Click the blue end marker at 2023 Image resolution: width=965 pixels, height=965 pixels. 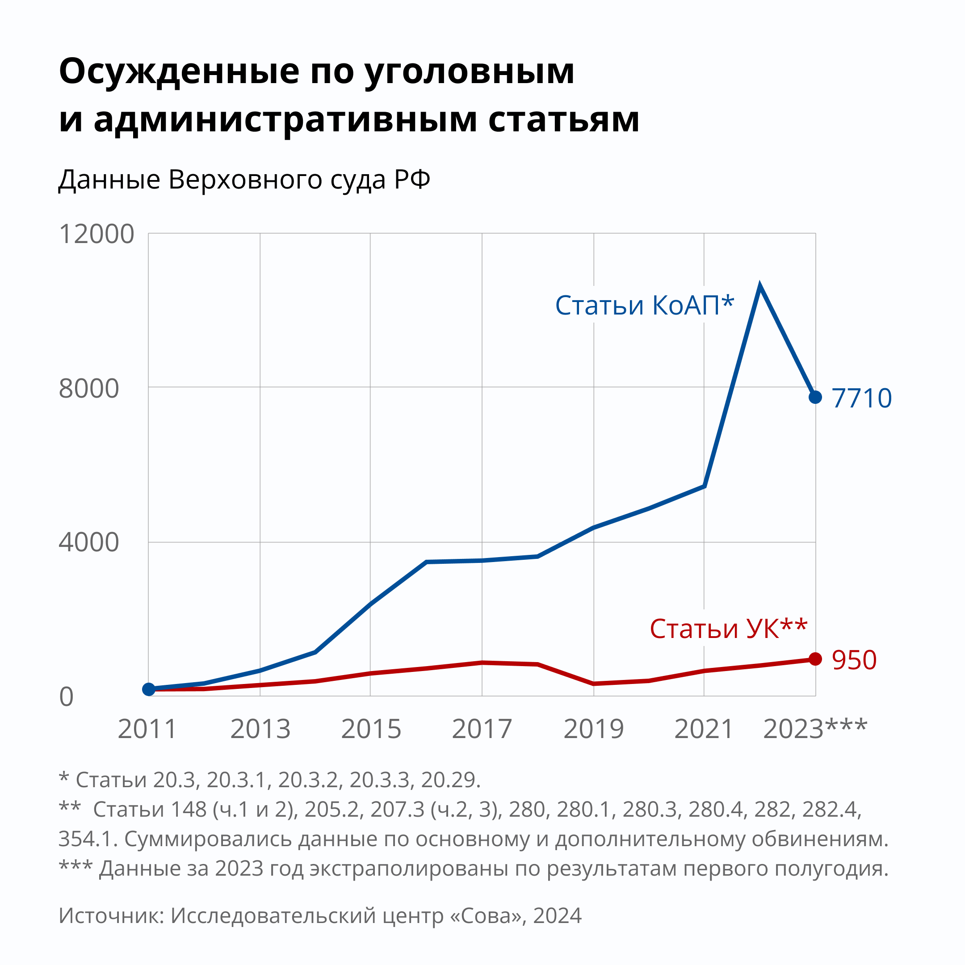(x=815, y=397)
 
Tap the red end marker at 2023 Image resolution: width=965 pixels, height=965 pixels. (x=815, y=659)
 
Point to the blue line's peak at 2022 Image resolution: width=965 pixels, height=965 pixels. (x=759, y=286)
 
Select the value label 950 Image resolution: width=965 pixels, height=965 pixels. (x=854, y=660)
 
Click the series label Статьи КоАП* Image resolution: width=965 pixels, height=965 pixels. (x=644, y=305)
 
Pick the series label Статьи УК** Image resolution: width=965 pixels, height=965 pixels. (x=728, y=629)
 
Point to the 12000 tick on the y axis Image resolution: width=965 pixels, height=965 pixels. (x=96, y=234)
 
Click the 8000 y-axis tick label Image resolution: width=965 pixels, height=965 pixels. (x=89, y=388)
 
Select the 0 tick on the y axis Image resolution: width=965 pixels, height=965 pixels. (x=67, y=697)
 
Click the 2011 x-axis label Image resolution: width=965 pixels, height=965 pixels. (x=148, y=729)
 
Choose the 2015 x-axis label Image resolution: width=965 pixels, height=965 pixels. (x=371, y=729)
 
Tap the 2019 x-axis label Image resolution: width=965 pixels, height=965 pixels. (x=594, y=729)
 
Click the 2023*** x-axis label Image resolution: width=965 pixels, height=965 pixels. (x=815, y=729)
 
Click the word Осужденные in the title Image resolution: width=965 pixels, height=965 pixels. (x=179, y=71)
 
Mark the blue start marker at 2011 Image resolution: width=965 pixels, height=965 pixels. (x=149, y=689)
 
